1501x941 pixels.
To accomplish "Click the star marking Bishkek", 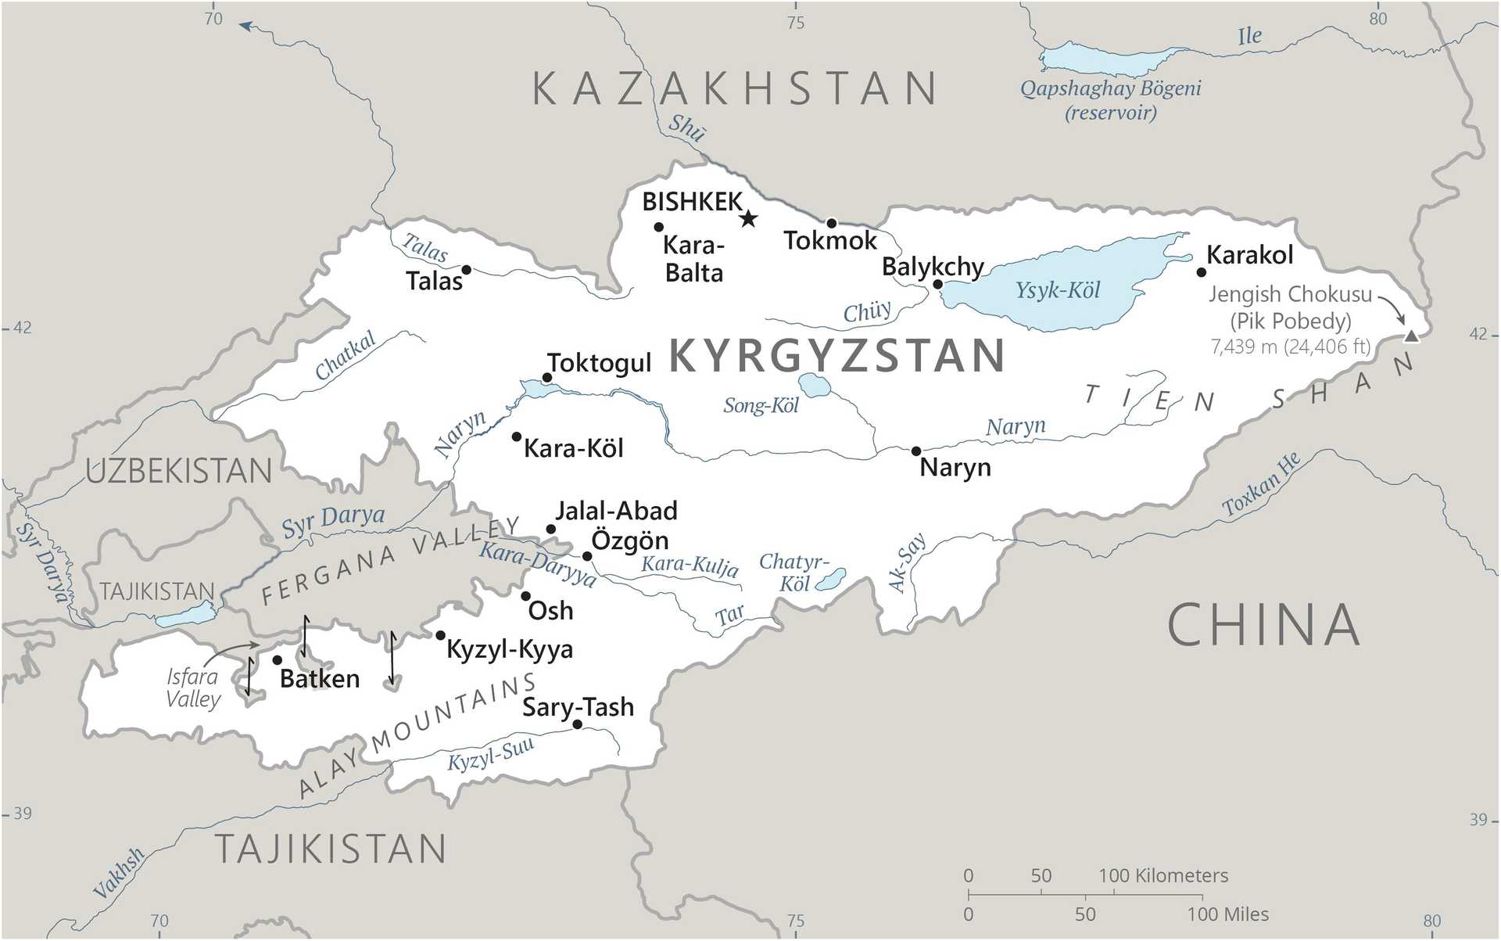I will point(748,218).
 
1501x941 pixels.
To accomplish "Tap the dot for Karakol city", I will point(1202,272).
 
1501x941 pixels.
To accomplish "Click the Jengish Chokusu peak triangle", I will point(1410,336).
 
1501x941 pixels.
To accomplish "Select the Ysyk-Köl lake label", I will point(1057,291).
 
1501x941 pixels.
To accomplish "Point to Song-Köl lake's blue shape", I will point(814,385).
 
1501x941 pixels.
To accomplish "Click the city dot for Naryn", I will point(916,451).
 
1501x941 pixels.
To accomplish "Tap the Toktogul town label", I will point(599,363).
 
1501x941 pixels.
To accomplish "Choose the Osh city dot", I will point(526,596).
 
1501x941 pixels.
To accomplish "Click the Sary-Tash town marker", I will point(577,724).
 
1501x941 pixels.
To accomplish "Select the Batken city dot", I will point(277,660).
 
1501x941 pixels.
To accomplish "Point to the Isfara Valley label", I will point(192,688).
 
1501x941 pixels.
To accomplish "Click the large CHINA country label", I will point(1263,625).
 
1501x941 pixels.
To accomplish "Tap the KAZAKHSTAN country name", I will point(735,88).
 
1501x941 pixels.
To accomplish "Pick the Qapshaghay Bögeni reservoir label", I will point(1110,100).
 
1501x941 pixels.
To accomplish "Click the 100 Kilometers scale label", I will point(1162,875).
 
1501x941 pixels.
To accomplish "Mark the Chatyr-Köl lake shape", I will point(831,580).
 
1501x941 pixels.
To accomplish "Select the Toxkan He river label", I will point(1261,485).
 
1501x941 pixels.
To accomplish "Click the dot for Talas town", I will point(466,270).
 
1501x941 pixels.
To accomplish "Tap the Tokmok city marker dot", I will point(832,223).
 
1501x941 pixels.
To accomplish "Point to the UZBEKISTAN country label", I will point(179,472).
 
